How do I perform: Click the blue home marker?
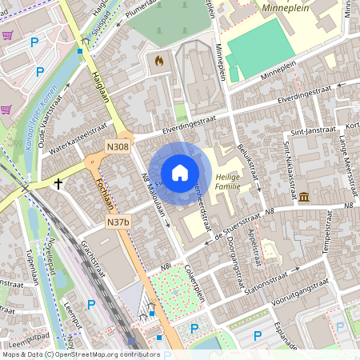coord(180,173)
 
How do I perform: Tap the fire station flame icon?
coord(158,60)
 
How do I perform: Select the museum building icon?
coord(304,197)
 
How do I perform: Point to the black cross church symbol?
coord(58,183)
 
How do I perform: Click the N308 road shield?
coord(117,147)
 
